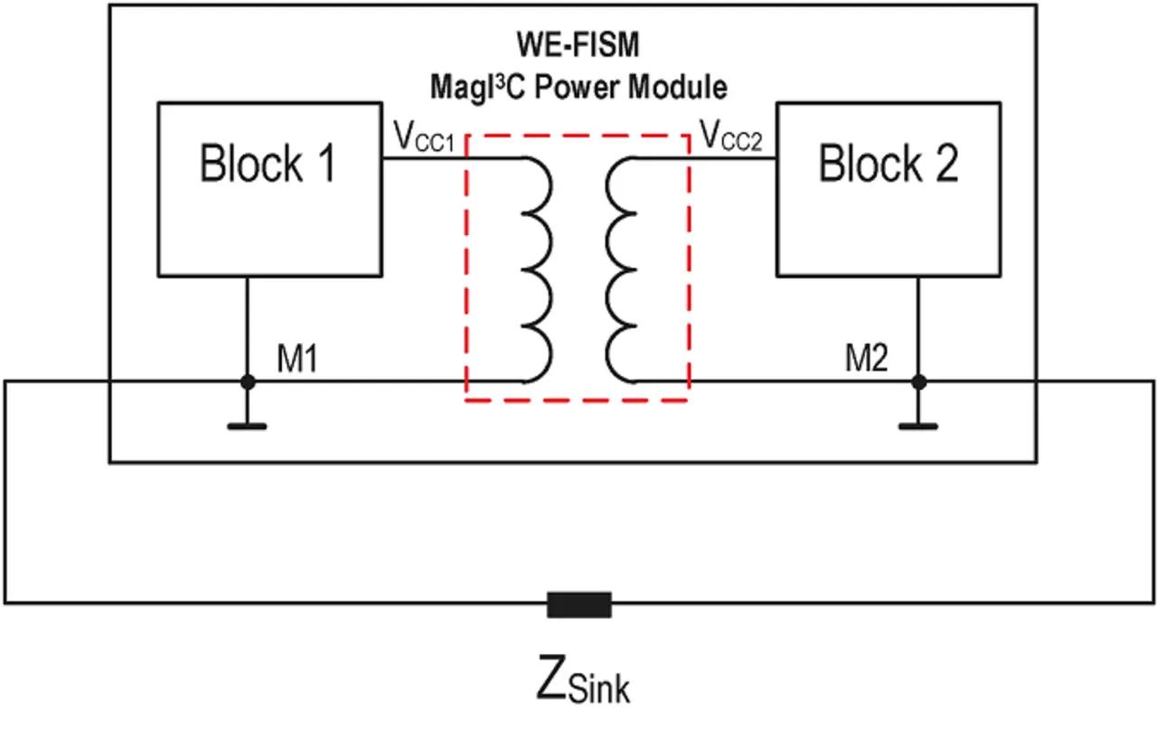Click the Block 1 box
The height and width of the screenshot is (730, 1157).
click(x=268, y=189)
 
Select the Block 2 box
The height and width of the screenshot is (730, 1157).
click(x=889, y=189)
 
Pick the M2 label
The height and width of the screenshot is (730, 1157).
click(x=867, y=360)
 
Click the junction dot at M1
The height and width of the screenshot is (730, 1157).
click(x=248, y=381)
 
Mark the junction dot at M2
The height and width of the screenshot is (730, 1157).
click(x=919, y=381)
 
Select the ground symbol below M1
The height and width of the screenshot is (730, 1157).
click(x=248, y=424)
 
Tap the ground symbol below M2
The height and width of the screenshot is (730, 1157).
click(x=919, y=424)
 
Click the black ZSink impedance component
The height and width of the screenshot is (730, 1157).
click(x=579, y=604)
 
